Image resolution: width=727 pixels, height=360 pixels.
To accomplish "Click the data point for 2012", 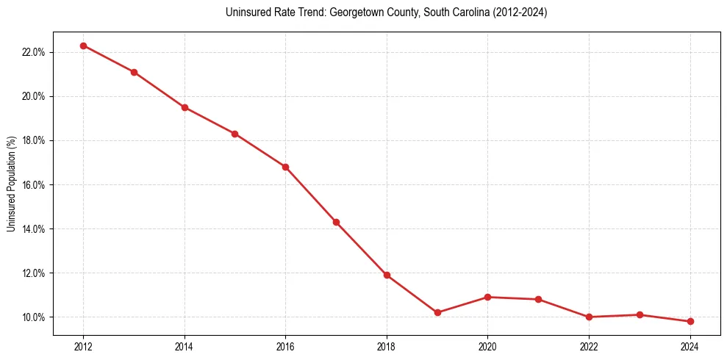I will pyautogui.click(x=83, y=46).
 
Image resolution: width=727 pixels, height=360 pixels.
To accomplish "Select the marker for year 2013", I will pyautogui.click(x=134, y=72).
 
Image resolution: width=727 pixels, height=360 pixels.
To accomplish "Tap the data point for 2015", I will pyautogui.click(x=234, y=134).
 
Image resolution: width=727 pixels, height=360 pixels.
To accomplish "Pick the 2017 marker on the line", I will pyautogui.click(x=336, y=222).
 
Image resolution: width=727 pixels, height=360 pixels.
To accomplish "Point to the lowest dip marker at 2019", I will pyautogui.click(x=437, y=312).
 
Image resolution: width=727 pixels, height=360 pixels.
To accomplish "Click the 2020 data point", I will pyautogui.click(x=488, y=297).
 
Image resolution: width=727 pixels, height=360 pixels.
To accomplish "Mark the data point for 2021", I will pyautogui.click(x=538, y=299).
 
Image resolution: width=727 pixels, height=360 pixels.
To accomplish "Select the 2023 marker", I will pyautogui.click(x=640, y=314).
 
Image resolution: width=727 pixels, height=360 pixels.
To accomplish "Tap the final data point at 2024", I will pyautogui.click(x=690, y=321).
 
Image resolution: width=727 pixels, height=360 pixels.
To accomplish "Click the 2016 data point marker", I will pyautogui.click(x=285, y=167).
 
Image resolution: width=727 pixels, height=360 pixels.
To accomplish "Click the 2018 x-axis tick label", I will pyautogui.click(x=387, y=346).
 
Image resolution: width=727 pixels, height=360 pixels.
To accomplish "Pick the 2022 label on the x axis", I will pyautogui.click(x=589, y=346).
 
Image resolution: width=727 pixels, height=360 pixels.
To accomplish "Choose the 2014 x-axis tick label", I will pyautogui.click(x=185, y=346).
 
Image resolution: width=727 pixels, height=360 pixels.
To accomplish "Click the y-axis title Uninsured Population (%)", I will pyautogui.click(x=11, y=184).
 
